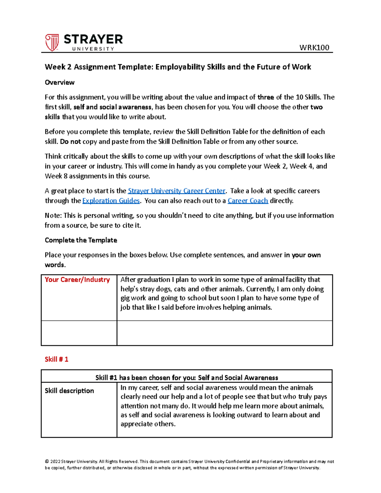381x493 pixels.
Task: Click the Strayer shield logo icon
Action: tap(52, 43)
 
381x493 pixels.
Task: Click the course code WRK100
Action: tap(314, 48)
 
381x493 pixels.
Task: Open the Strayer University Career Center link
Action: tap(176, 191)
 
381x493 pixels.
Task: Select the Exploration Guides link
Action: tap(111, 201)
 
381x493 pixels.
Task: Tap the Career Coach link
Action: tap(248, 201)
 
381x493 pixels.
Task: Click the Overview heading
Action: tap(60, 83)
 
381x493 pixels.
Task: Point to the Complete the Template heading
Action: tap(81, 240)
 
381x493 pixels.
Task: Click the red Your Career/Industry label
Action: tap(77, 280)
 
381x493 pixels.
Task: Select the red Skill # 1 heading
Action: tap(57, 359)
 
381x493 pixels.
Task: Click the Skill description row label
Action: tap(69, 391)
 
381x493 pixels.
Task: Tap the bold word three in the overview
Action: tap(265, 97)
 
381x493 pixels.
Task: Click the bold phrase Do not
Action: tap(70, 142)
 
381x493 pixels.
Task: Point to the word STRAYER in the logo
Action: tap(93, 39)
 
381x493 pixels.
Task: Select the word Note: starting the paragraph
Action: tap(53, 216)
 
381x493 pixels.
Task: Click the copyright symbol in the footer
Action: tap(47, 462)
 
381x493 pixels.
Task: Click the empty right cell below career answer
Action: tap(224, 333)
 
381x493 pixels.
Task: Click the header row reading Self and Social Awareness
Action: tap(187, 377)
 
